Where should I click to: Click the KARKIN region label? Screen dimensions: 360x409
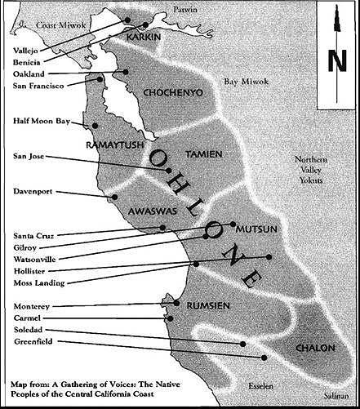[x=144, y=37]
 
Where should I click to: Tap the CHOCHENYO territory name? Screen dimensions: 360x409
[x=173, y=93]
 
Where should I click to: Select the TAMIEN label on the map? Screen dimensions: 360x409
[x=204, y=154]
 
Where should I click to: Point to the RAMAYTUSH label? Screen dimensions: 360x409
[x=115, y=145]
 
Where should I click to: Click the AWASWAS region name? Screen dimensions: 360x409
[x=153, y=211]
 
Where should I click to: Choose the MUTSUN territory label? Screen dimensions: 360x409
[x=256, y=229]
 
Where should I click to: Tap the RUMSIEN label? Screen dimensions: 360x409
[x=208, y=305]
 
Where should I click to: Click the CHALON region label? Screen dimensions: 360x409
[x=315, y=348]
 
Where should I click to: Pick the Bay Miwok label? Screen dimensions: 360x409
[x=247, y=82]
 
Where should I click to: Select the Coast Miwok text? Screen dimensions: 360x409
[x=61, y=25]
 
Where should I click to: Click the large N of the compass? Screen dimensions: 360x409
[x=337, y=60]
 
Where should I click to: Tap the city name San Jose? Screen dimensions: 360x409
[x=29, y=156]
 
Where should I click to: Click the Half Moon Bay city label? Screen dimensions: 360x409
[x=42, y=121]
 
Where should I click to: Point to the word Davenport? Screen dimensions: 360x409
[x=33, y=191]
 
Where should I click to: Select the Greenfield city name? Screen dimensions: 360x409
[x=33, y=341]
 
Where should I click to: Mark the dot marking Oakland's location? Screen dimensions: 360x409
[x=126, y=72]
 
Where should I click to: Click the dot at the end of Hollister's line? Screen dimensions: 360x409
[x=269, y=257]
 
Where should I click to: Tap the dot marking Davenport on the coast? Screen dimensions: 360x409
[x=114, y=197]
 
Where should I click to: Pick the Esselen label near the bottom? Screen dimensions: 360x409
[x=260, y=386]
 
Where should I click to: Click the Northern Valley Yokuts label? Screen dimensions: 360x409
[x=311, y=170]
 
